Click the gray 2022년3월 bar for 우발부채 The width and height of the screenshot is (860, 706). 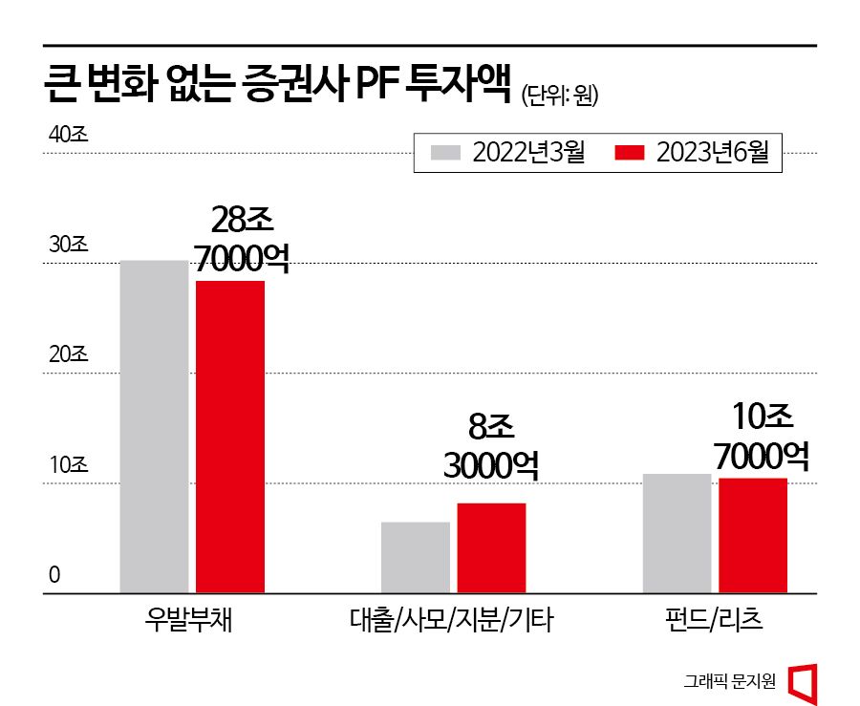pyautogui.click(x=154, y=426)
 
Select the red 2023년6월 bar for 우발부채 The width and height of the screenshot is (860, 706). pyautogui.click(x=230, y=437)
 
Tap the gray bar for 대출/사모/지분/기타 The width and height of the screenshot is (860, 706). pyautogui.click(x=415, y=557)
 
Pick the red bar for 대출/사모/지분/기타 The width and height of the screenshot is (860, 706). pyautogui.click(x=491, y=547)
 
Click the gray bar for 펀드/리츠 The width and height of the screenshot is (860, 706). pyautogui.click(x=677, y=533)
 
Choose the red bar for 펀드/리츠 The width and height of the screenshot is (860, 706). pyautogui.click(x=753, y=535)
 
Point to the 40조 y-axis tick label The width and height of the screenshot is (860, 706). pyautogui.click(x=68, y=135)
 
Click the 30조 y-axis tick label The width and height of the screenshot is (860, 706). pyautogui.click(x=68, y=245)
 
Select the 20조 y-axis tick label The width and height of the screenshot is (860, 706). pyautogui.click(x=68, y=355)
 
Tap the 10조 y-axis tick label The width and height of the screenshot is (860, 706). pyautogui.click(x=68, y=466)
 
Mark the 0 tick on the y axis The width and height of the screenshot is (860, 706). pyautogui.click(x=54, y=575)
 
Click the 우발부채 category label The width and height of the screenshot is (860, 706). pyautogui.click(x=191, y=622)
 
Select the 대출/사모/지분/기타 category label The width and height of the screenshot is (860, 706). pyautogui.click(x=452, y=622)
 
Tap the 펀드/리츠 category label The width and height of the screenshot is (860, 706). pyautogui.click(x=715, y=622)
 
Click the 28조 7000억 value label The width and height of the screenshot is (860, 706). pyautogui.click(x=241, y=239)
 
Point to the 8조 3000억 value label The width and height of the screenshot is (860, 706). pyautogui.click(x=490, y=445)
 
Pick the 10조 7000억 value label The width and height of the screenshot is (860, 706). pyautogui.click(x=763, y=438)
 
